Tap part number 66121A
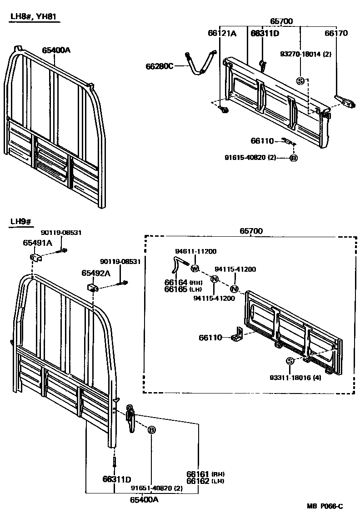pos(222,33)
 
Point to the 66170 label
pos(336,33)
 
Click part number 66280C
pos(160,66)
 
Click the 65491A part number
pos(38,243)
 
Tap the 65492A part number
pos(96,273)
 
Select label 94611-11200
pos(196,251)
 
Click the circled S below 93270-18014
pos(300,81)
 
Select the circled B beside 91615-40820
pos(293,158)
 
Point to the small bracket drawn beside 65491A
pos(36,258)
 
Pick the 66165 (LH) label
pos(177,289)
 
